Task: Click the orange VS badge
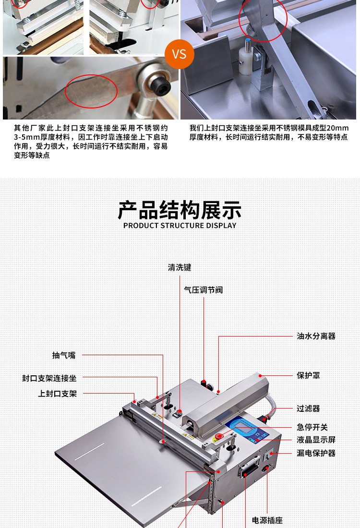[x=180, y=54]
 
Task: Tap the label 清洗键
[x=180, y=268]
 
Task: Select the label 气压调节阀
[x=204, y=290]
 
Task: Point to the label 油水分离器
[x=316, y=336]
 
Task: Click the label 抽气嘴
[x=64, y=355]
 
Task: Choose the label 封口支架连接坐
[x=49, y=378]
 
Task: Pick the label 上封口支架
[x=58, y=394]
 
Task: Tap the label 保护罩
[x=308, y=375]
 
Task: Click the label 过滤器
[x=308, y=408]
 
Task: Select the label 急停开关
[x=312, y=427]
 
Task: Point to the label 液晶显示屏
[x=316, y=440]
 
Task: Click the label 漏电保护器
[x=316, y=453]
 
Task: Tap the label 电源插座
[x=267, y=521]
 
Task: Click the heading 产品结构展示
[x=180, y=210]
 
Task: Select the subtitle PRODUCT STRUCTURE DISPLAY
[x=180, y=226]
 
